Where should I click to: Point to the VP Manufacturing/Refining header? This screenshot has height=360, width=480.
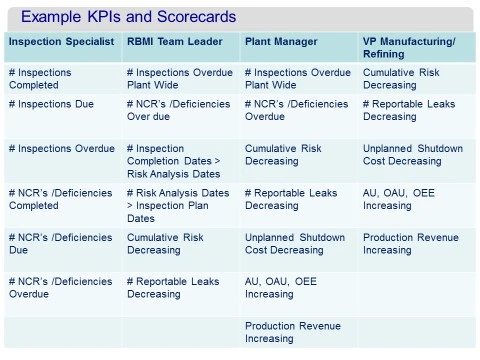[407, 47]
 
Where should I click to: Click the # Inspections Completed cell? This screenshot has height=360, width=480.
[47, 79]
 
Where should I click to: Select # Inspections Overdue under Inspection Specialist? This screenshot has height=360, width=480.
[61, 148]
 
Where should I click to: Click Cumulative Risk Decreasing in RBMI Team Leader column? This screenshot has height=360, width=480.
[166, 244]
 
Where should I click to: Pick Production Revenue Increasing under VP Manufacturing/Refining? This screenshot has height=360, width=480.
[411, 244]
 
